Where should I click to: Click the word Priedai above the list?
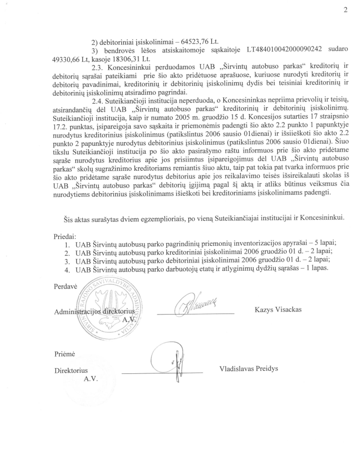(66, 235)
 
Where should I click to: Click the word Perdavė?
(65, 286)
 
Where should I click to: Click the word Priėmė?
(65, 353)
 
